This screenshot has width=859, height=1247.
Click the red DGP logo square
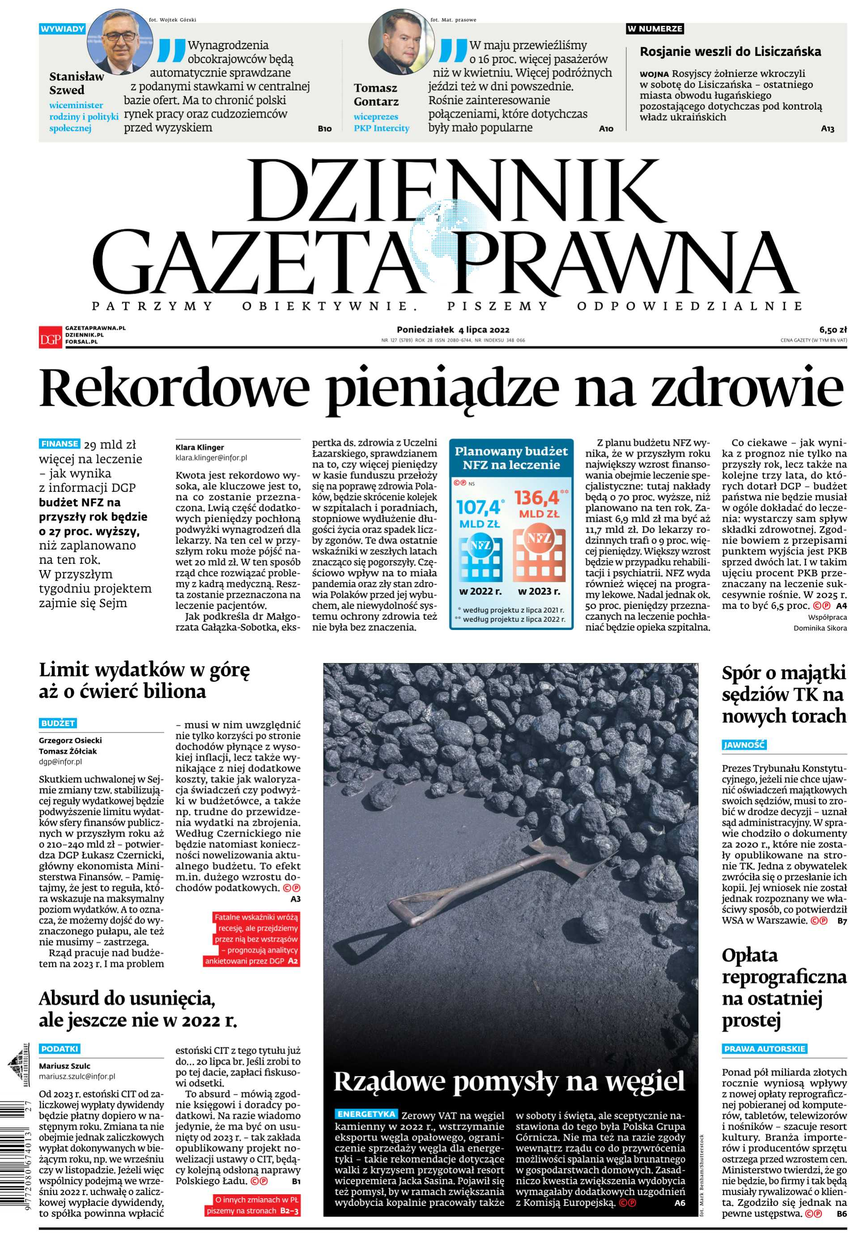point(50,337)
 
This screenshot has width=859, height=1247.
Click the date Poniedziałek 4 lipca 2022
point(453,329)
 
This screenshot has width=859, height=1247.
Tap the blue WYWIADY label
point(62,29)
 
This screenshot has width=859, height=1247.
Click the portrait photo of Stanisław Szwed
point(119,42)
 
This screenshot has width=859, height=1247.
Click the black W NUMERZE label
point(655,29)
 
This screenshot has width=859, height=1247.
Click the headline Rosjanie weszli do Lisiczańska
point(730,51)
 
